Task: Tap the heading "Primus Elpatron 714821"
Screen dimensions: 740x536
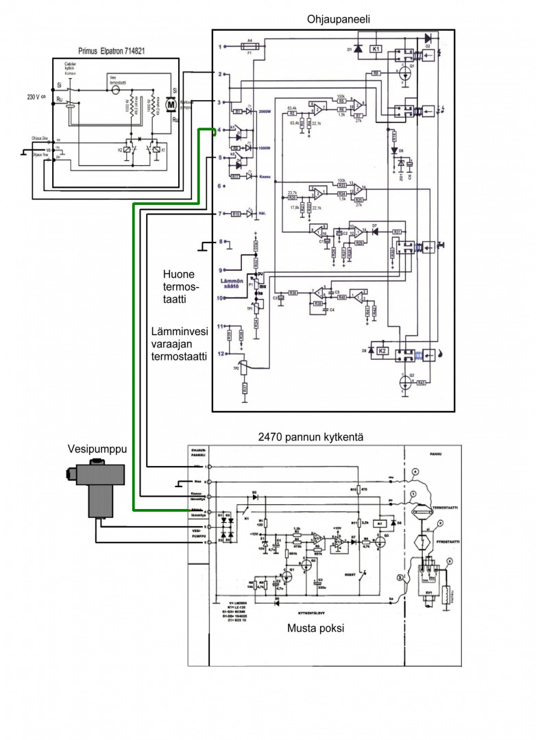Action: tap(115, 51)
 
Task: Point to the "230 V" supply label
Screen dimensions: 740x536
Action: tap(35, 97)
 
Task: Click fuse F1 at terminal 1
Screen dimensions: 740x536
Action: tap(249, 47)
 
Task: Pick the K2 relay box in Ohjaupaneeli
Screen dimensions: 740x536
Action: tap(384, 351)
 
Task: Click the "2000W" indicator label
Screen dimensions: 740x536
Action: tap(266, 111)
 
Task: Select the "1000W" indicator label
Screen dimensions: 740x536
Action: tap(266, 147)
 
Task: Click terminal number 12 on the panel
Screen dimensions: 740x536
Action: tap(221, 354)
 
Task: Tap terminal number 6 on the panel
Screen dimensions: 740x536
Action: tap(221, 186)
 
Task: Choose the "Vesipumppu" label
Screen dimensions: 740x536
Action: tap(90, 449)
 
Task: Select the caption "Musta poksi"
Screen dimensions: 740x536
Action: tap(315, 628)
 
